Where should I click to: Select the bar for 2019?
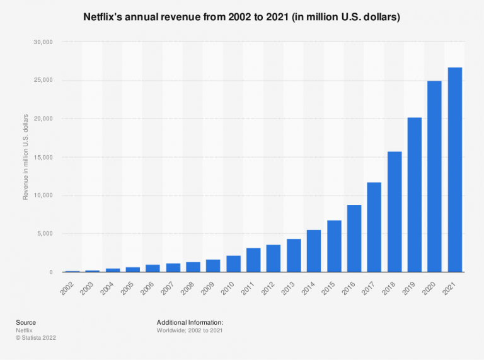[414, 195]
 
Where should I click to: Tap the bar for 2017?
[374, 227]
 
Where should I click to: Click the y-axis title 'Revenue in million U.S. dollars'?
[26, 157]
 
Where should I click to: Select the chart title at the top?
[241, 18]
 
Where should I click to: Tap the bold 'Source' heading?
[26, 322]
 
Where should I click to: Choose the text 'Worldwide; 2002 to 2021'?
[189, 330]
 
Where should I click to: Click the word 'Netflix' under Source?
[25, 330]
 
